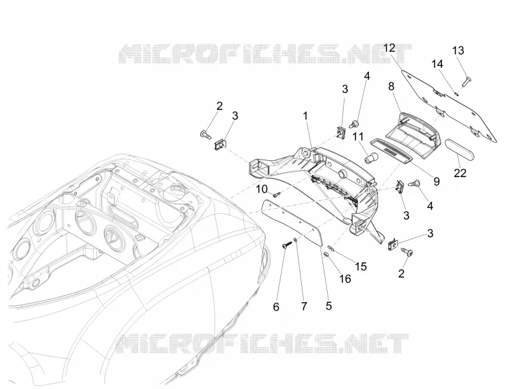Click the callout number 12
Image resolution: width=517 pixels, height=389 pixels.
[390, 48]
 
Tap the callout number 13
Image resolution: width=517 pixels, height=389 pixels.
[458, 50]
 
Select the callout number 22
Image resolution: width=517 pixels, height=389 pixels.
[460, 173]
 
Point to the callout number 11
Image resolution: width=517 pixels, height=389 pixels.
[359, 136]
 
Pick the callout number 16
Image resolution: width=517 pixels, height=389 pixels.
[345, 279]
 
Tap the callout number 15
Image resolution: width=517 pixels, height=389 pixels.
[361, 266]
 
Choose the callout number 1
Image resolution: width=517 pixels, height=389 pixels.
[305, 116]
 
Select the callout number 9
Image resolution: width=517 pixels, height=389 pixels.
[437, 181]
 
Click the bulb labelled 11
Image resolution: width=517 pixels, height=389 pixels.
[370, 158]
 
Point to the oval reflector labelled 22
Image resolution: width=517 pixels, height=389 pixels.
[460, 151]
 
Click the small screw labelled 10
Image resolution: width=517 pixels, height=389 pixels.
[277, 195]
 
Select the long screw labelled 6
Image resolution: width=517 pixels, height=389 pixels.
[287, 245]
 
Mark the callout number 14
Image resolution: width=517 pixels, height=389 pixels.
[438, 64]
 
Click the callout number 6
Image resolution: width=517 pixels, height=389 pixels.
[276, 307]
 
